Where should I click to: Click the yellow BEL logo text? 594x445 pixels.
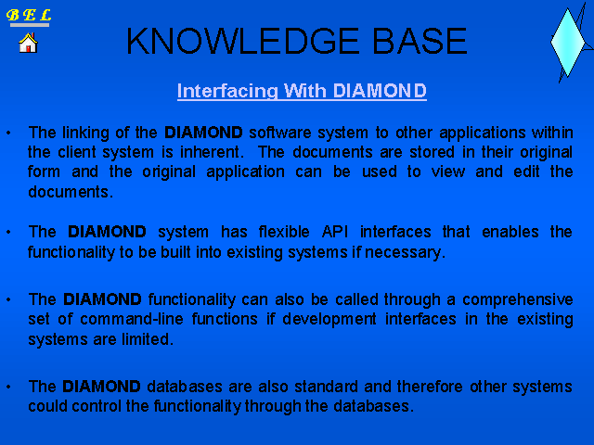coord(29,15)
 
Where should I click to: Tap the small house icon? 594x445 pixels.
coord(29,43)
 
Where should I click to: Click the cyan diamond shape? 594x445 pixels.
coord(567,43)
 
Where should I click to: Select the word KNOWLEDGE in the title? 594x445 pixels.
coord(242,41)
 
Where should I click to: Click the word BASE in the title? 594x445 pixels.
coord(420,41)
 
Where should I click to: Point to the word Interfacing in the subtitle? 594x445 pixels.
coord(227,91)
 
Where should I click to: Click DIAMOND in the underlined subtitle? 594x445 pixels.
coord(380,91)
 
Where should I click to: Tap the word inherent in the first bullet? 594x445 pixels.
coord(211,152)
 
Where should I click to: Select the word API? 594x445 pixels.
coord(335,232)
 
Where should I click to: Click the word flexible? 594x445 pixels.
coord(284,232)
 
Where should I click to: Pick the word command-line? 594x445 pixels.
coord(132,319)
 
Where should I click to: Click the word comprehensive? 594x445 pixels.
coord(518,299)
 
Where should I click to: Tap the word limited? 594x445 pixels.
coord(148,339)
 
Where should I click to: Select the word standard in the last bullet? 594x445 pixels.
coord(326,387)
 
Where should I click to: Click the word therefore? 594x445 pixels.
coord(430,387)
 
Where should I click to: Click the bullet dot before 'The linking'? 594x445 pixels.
coord(8,133)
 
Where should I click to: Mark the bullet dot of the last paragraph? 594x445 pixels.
coord(8,387)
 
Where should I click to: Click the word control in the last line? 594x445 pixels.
coord(97,406)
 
